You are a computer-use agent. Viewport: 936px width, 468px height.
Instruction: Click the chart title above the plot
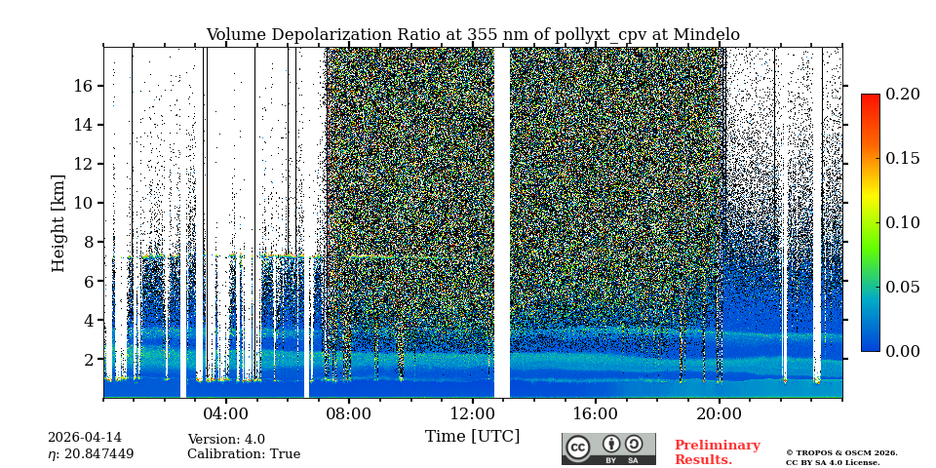click(473, 35)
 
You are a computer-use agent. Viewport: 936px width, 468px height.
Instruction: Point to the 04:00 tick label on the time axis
click(225, 413)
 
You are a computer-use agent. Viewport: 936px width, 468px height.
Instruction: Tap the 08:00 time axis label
click(348, 413)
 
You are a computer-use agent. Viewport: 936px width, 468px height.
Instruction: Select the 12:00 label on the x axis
click(472, 413)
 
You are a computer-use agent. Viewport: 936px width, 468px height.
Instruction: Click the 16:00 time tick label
click(595, 413)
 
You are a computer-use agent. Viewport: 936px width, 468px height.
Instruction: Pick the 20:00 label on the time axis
click(719, 413)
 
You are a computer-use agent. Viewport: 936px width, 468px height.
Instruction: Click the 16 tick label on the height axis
click(82, 86)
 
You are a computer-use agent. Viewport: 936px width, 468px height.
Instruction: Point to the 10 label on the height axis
click(82, 203)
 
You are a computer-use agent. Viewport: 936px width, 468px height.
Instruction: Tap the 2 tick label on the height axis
click(87, 359)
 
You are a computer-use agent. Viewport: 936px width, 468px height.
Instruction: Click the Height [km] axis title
click(58, 222)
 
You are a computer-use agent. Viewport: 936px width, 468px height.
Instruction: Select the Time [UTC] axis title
click(473, 436)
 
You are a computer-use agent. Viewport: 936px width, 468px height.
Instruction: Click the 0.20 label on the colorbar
click(902, 94)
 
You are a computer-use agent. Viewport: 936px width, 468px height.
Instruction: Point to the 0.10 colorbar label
click(902, 222)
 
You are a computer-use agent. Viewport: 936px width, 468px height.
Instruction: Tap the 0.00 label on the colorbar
click(902, 351)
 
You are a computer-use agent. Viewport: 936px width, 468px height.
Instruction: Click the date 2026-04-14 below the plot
click(85, 439)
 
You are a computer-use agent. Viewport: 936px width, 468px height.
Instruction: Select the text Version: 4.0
click(226, 440)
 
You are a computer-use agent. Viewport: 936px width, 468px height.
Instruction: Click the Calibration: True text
click(244, 454)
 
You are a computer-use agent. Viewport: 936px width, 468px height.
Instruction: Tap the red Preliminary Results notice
click(717, 452)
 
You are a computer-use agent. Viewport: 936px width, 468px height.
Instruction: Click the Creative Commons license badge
click(608, 448)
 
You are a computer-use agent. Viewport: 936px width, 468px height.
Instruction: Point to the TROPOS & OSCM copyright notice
click(841, 457)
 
